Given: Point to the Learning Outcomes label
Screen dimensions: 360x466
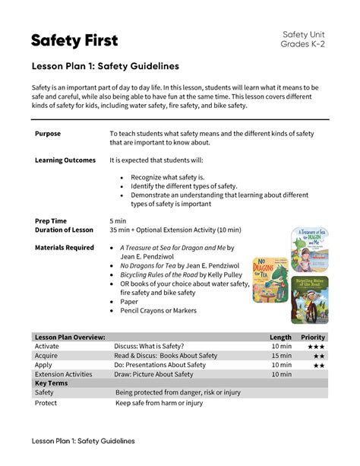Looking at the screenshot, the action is (65, 161).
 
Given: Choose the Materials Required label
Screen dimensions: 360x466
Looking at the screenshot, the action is (65, 248).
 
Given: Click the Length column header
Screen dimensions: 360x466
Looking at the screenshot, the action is (280, 337).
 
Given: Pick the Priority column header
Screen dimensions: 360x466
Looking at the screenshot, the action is (313, 337).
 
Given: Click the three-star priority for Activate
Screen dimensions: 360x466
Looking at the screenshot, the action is (315, 346).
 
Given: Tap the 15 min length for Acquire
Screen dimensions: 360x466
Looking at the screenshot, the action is (281, 355).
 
